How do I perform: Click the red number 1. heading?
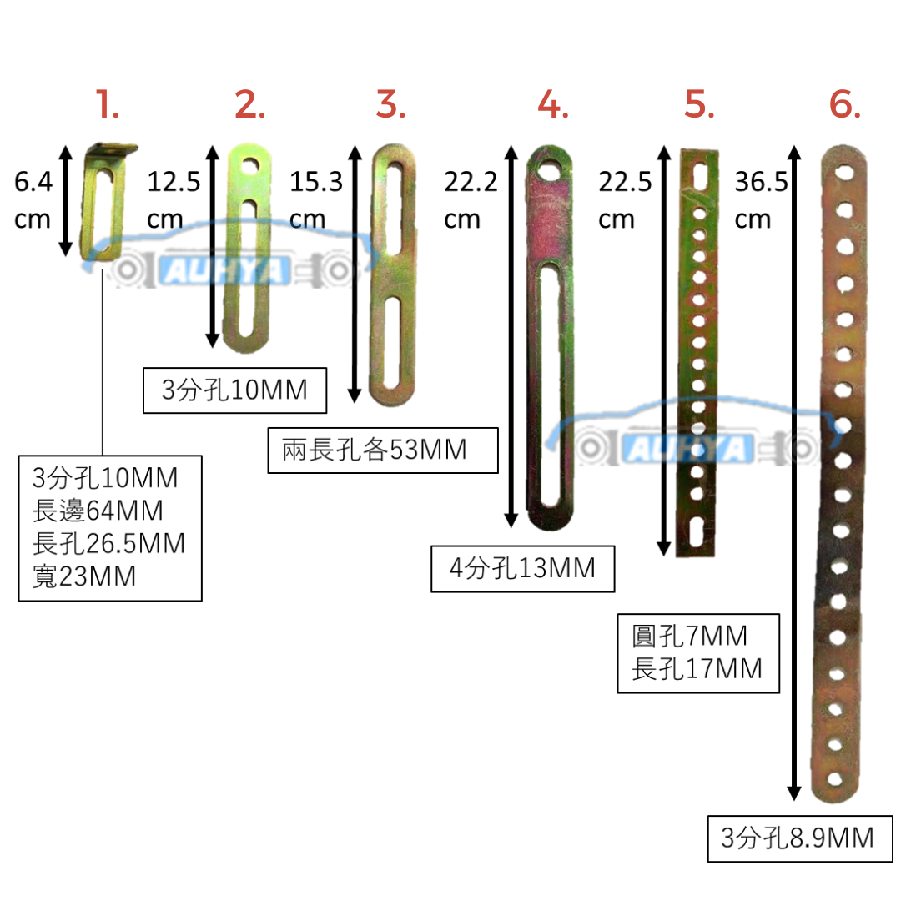pos(108,106)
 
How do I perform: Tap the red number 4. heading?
pos(553,106)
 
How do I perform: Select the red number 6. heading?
pos(844,106)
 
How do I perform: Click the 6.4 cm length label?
pos(33,200)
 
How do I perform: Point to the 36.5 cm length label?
pos(761,200)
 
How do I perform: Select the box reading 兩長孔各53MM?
pos(383,450)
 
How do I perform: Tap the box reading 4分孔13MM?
pos(523,569)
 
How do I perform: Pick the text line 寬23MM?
pos(83,576)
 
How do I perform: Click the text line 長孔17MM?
pos(697,668)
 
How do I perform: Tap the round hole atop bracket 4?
pos(551,171)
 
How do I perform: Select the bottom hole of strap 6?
pos(835,779)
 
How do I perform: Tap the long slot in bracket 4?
pos(551,384)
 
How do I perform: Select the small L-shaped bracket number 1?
pos(107,200)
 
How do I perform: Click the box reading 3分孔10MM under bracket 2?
pos(234,390)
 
